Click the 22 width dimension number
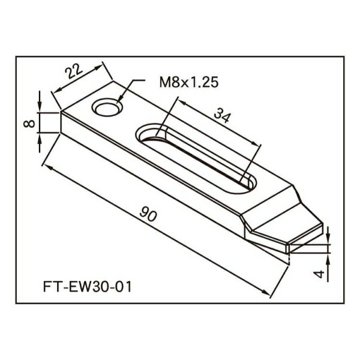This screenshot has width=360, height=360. [74, 71]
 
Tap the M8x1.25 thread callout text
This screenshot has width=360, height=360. [189, 83]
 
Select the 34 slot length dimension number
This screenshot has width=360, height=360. [222, 115]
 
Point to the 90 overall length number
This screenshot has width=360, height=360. [148, 214]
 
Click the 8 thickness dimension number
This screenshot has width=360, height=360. [29, 124]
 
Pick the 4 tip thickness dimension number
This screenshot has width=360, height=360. [319, 274]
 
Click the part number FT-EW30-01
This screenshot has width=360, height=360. [87, 287]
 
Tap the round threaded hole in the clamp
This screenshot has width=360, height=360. [107, 107]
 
